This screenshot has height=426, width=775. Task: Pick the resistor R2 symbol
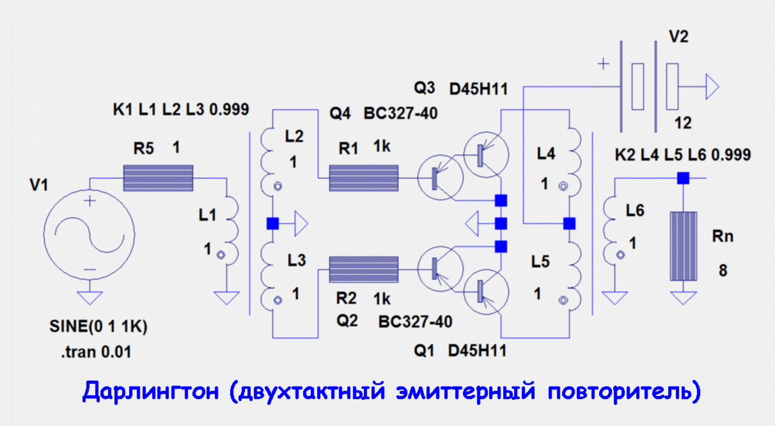[x=363, y=268]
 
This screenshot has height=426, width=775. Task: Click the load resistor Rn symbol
[x=683, y=246]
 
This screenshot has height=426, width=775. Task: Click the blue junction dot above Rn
[x=683, y=178]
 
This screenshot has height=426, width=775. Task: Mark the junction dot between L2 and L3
[x=272, y=223]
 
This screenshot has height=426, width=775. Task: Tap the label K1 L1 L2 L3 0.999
[x=181, y=109]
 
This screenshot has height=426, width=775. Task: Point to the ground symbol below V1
[x=90, y=297]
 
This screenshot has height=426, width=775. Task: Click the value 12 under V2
[x=683, y=123]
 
